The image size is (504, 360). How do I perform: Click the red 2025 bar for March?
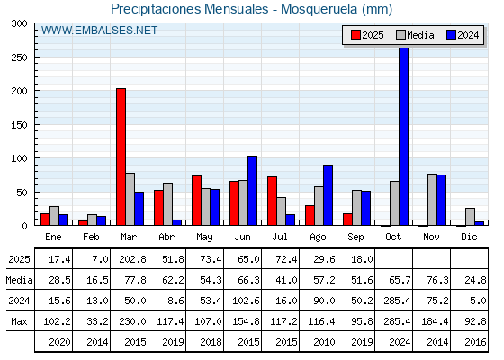(x=121, y=157)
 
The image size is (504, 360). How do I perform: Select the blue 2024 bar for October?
(x=404, y=136)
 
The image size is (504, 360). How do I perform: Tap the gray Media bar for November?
(x=432, y=200)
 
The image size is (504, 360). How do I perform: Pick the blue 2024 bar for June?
(x=252, y=191)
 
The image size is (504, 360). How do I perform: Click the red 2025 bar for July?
(x=272, y=201)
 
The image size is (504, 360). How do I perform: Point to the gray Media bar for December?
(x=470, y=217)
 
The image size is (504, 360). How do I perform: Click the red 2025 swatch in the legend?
(x=355, y=35)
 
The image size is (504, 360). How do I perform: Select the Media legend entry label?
(x=420, y=35)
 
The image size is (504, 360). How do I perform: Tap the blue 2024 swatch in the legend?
(x=451, y=35)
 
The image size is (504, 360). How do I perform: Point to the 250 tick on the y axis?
(x=36, y=58)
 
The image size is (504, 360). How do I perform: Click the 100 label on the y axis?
(x=19, y=158)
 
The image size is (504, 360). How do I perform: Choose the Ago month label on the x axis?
(x=318, y=238)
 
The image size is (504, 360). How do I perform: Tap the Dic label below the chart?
(x=469, y=237)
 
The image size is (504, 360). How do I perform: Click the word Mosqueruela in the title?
(x=319, y=9)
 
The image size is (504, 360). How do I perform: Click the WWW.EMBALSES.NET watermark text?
(x=99, y=31)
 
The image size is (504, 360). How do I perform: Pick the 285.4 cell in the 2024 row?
(x=397, y=301)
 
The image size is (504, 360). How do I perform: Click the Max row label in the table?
(x=19, y=321)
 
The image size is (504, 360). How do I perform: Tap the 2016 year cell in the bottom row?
(x=475, y=342)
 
